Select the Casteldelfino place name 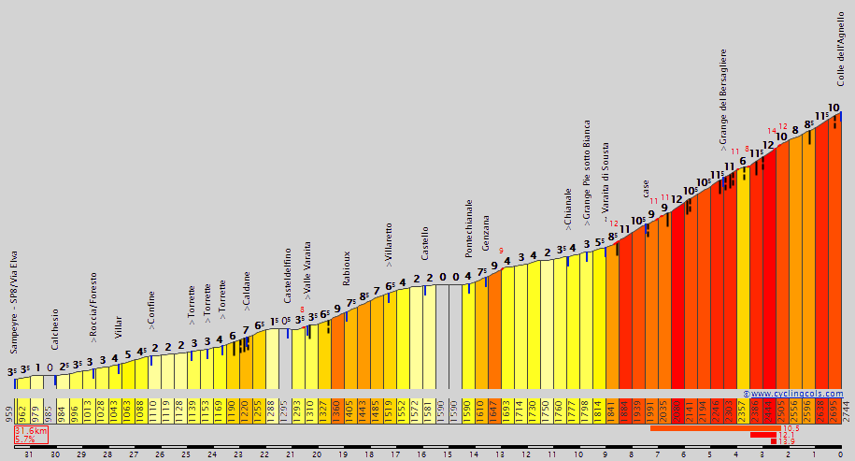[x=288, y=275]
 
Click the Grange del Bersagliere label [x=723, y=98]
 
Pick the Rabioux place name [x=346, y=267]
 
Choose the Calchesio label [x=54, y=328]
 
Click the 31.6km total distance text [x=31, y=431]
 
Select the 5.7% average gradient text [x=25, y=439]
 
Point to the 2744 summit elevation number [x=848, y=411]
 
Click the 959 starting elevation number [x=7, y=411]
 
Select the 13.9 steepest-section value [x=788, y=441]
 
